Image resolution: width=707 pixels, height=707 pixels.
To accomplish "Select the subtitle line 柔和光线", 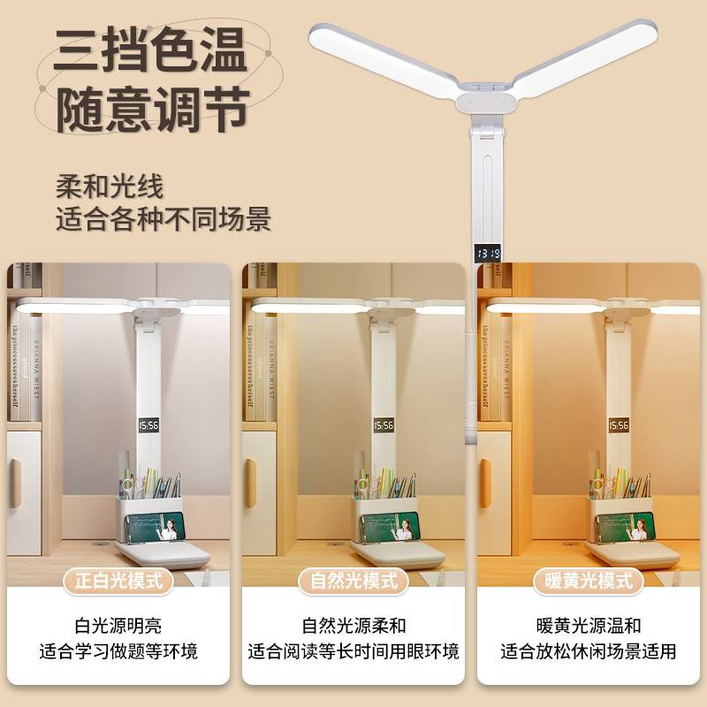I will pos(109,186).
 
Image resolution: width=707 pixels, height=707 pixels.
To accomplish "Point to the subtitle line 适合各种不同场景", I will pos(163,219).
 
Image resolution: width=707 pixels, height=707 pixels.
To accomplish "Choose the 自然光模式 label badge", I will pos(353,581).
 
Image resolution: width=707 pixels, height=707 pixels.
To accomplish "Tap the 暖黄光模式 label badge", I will pos(589,581).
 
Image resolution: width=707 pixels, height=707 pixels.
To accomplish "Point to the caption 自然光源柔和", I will pos(353,626).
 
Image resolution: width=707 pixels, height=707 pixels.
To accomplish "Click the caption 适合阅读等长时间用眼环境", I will pos(353,652).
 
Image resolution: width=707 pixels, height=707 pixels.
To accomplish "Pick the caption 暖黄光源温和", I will pos(589,626).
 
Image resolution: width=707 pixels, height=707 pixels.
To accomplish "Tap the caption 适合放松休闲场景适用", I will pos(589,652).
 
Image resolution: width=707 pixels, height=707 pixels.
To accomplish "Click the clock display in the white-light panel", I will pos(148,427).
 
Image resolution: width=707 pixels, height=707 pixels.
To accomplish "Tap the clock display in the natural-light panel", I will pos(384,427).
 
